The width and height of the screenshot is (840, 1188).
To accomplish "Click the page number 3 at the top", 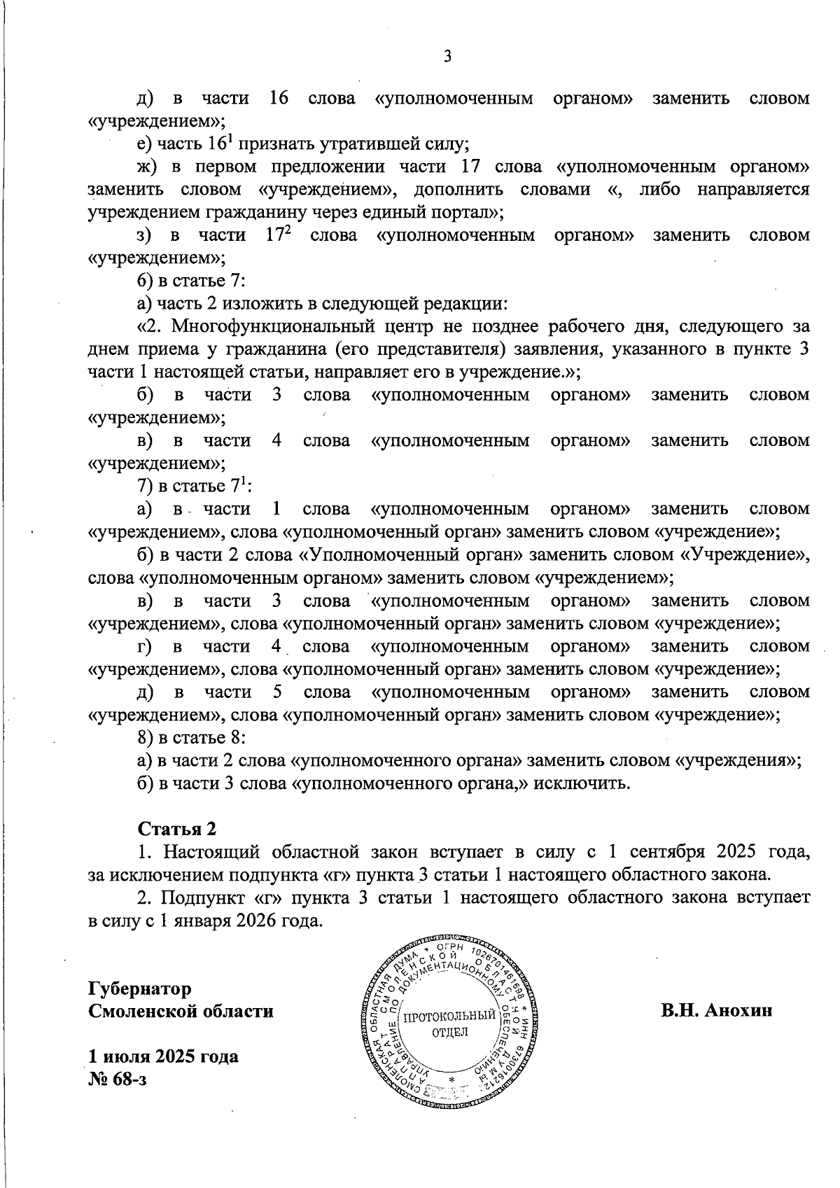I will [447, 57].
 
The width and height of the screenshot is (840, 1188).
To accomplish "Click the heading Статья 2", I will [177, 829].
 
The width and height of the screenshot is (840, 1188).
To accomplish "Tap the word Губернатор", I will [139, 989].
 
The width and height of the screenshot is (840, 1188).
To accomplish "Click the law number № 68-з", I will [117, 1079].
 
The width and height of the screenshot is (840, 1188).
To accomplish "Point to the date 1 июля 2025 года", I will [162, 1056].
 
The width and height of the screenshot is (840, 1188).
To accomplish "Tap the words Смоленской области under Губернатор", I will [181, 1012].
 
